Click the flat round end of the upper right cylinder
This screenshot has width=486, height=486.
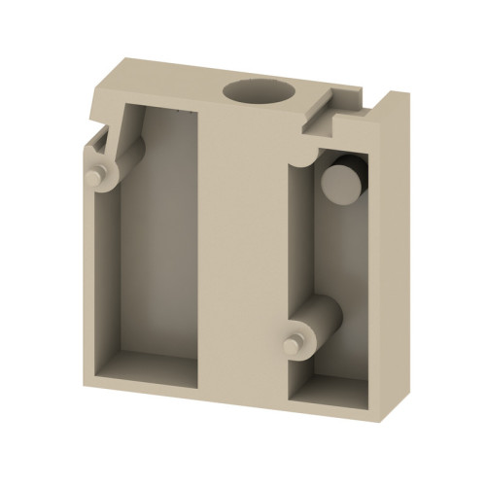tap(339, 181)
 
